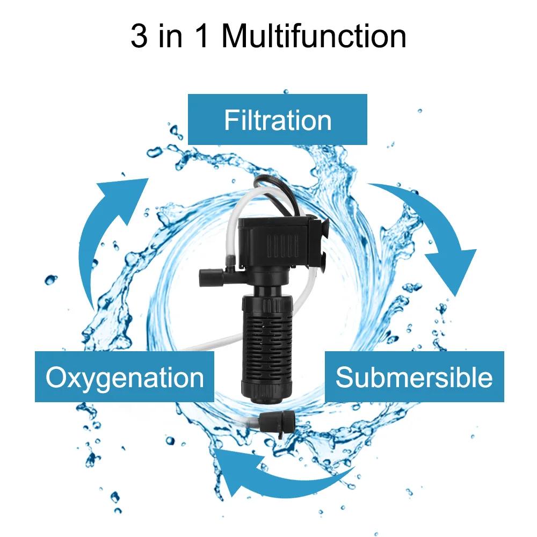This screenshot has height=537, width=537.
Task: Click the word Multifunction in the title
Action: (x=314, y=36)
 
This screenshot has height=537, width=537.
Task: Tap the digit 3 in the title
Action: (x=139, y=36)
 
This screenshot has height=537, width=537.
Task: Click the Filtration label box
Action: (x=277, y=119)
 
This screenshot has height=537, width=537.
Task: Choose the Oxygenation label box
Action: (x=125, y=377)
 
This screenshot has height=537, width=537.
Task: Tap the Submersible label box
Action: (x=414, y=377)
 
